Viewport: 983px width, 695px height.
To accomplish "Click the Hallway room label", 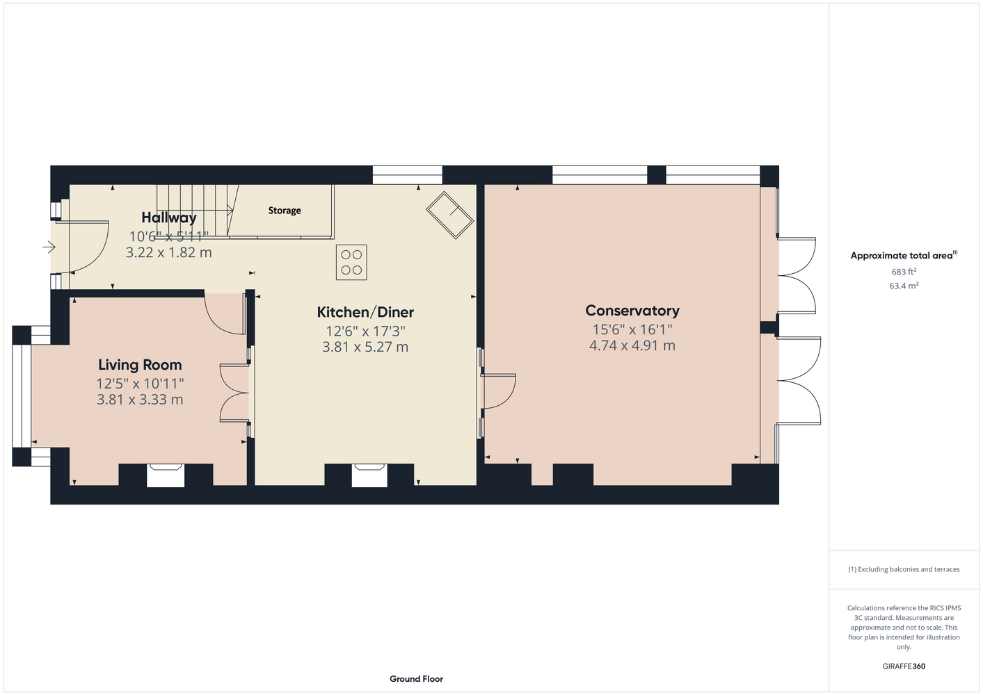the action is coord(168,218).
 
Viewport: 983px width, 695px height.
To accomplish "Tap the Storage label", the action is coord(285,211).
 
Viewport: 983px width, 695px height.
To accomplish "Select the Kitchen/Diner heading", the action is coord(365,312).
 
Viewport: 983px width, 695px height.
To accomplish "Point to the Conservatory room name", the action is coord(632,311).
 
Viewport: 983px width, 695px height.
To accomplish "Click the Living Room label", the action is coord(140,365).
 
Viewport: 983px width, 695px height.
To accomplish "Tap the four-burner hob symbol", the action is coord(351,262).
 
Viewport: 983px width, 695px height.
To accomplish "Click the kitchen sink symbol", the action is coord(450,215).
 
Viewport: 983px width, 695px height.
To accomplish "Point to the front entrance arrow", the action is coord(49,247).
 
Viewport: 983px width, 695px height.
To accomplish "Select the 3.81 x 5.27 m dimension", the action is coord(365,347).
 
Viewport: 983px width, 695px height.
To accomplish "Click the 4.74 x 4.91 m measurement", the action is coord(632,345).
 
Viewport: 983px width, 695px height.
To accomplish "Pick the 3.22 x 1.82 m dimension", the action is coord(168,252).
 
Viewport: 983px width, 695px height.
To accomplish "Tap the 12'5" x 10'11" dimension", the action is coord(140,384).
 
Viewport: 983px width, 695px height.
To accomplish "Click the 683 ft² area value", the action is coord(904,272).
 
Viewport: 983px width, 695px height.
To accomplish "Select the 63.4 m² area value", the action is coord(904,286).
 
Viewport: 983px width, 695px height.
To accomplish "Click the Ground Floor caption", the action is coord(416,679).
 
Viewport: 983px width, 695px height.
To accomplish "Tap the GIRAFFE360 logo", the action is coord(904,666).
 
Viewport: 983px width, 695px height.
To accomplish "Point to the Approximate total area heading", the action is coord(904,255).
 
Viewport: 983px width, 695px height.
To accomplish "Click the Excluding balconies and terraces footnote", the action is coord(904,569).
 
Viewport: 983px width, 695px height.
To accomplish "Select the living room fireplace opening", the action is coord(165,475).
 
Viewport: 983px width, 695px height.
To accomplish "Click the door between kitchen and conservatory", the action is coord(498,391).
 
